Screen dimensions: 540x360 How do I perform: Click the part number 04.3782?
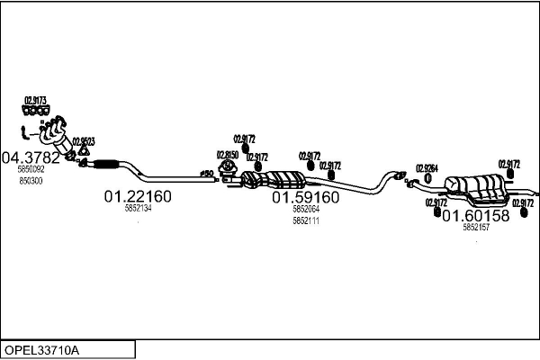[31, 157]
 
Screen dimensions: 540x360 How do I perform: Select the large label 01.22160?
[138, 195]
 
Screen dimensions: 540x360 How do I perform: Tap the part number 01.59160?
[305, 196]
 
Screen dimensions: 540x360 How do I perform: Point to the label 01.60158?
[476, 216]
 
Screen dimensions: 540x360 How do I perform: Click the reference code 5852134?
[138, 209]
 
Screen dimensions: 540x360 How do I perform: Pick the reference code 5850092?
[31, 169]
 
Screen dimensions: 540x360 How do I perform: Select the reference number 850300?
[31, 180]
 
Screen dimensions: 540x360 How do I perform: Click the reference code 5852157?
[476, 228]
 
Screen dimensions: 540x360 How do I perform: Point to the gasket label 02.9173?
[35, 100]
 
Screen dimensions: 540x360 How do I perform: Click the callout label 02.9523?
[84, 141]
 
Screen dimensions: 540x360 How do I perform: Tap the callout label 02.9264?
[427, 168]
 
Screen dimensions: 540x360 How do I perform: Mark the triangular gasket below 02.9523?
[83, 153]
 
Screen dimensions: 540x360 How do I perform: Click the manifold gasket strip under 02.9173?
[35, 111]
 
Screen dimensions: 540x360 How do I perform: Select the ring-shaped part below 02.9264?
[427, 179]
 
